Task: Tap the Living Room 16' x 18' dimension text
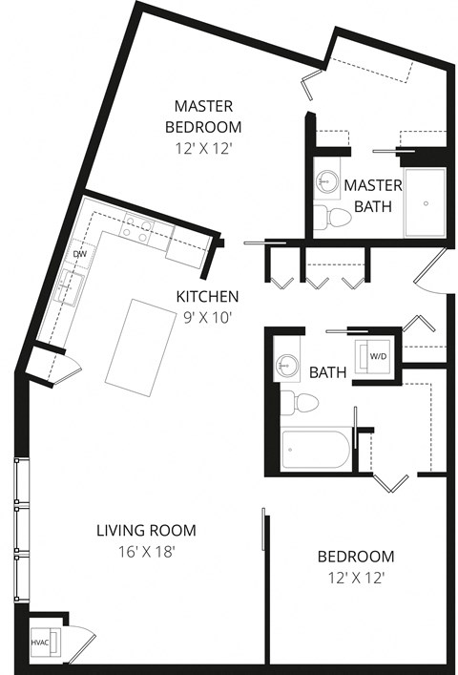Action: click(145, 551)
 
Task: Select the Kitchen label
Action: click(207, 297)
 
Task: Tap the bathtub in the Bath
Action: click(317, 450)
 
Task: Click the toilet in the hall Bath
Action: click(299, 402)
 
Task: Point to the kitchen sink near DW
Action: click(69, 284)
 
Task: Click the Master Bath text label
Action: click(373, 195)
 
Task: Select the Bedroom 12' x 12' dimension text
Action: click(356, 578)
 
